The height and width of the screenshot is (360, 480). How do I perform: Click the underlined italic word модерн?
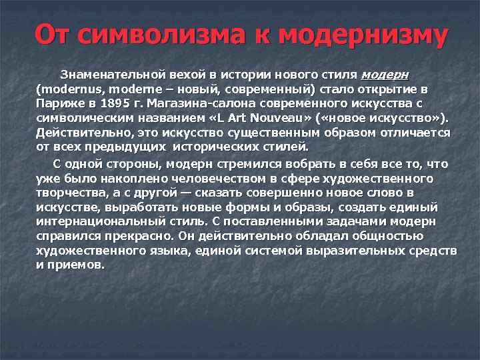point(386,73)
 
